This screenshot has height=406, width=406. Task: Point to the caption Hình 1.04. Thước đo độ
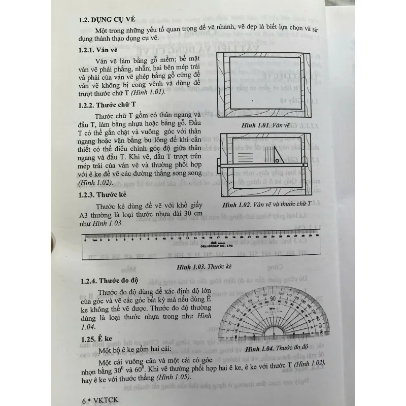[275, 349]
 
